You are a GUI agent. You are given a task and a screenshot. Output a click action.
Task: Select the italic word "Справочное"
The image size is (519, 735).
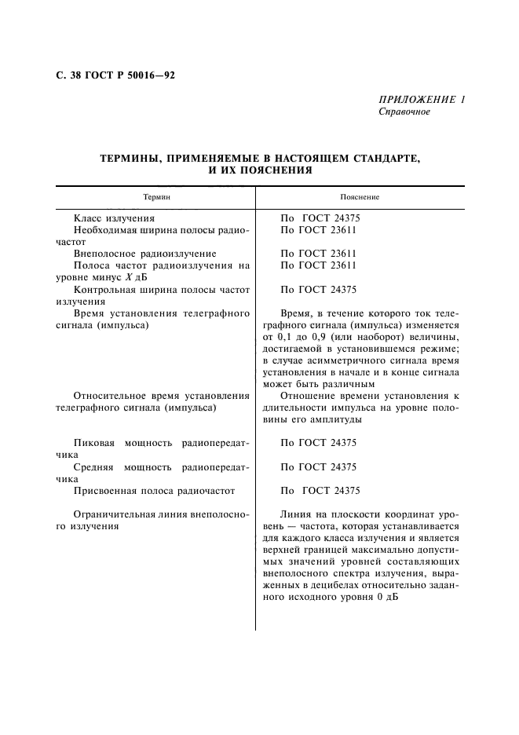click(x=404, y=112)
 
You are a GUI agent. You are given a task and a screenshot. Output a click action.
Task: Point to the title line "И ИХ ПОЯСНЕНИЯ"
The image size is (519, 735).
click(x=261, y=169)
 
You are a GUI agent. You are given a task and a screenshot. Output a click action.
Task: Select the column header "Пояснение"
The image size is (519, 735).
click(x=360, y=197)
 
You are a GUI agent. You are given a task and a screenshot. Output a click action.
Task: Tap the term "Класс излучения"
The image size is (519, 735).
click(x=114, y=218)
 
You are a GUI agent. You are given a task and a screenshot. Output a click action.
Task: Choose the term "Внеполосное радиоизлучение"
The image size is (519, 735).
click(x=144, y=254)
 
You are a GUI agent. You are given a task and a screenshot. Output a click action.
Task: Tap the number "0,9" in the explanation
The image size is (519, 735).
click(x=312, y=337)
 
